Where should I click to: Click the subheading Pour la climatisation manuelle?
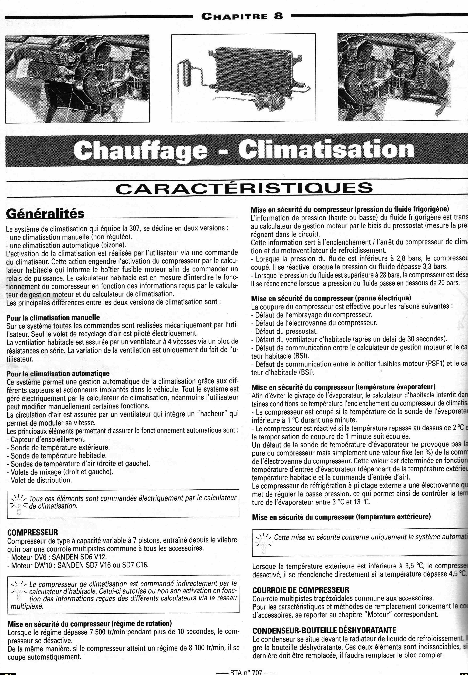(x=53, y=317)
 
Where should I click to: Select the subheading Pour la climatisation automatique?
(x=58, y=373)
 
